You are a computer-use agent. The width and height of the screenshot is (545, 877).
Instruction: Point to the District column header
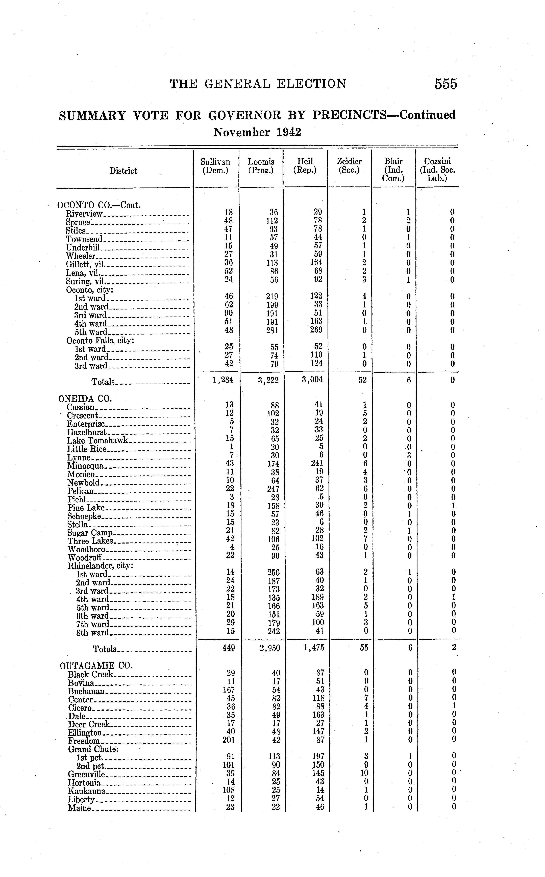point(123,171)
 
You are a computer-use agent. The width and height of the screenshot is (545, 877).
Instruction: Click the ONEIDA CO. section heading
point(85,399)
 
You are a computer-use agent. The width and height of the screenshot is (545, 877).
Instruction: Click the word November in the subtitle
point(241,132)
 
